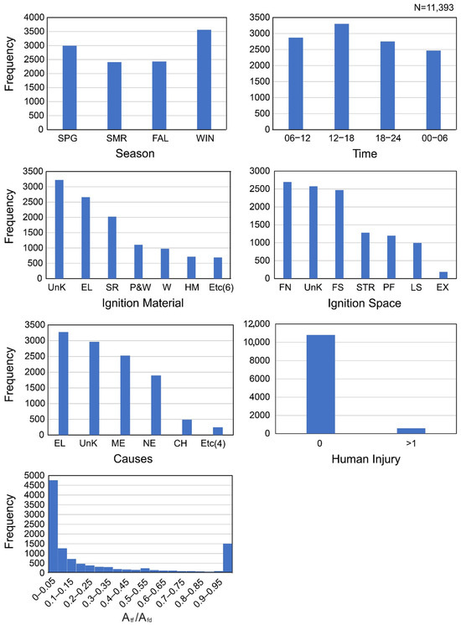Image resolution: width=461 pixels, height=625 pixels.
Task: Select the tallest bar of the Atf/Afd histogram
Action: tap(53, 527)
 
